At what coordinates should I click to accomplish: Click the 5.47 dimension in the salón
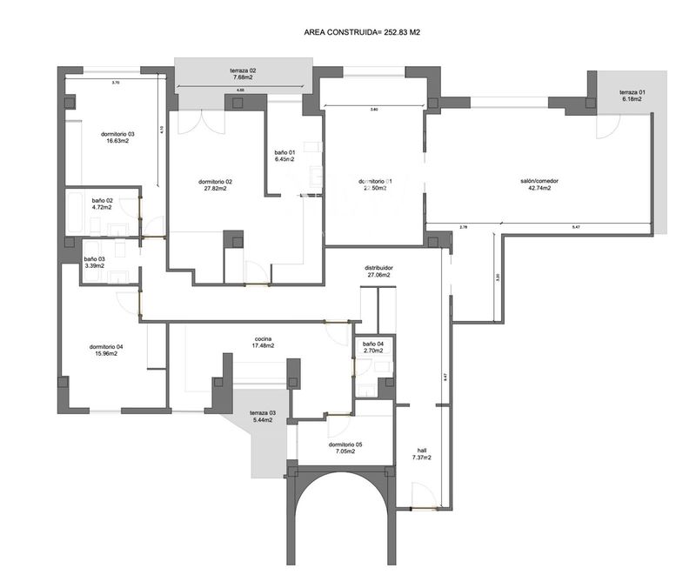click(x=576, y=228)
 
